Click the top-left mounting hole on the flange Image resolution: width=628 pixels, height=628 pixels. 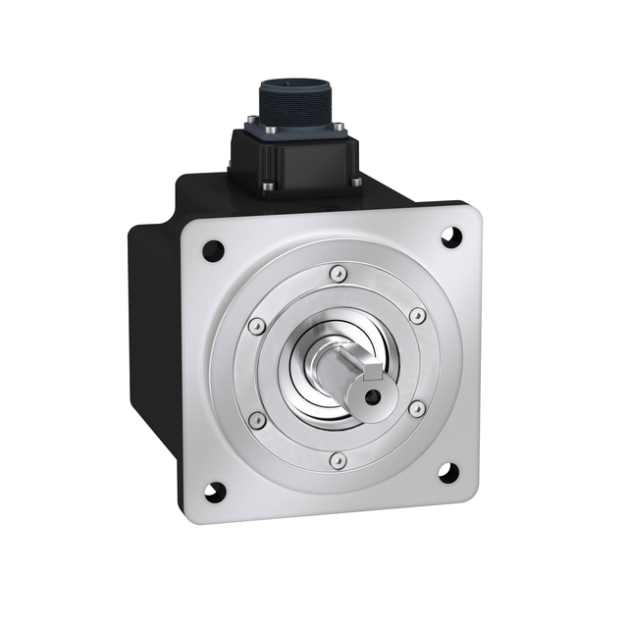[213, 250]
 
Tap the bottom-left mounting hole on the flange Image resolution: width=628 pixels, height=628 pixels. [214, 491]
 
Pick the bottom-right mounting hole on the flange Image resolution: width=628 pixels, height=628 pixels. [447, 473]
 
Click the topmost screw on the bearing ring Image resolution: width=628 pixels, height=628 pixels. [339, 275]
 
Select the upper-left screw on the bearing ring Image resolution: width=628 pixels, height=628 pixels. [257, 327]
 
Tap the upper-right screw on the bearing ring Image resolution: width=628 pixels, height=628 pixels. [417, 315]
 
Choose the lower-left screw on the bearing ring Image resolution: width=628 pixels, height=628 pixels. [258, 420]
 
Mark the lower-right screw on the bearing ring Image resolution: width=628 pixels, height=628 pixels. [417, 407]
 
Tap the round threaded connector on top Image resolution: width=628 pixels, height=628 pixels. [294, 98]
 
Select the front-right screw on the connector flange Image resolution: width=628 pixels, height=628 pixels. [340, 128]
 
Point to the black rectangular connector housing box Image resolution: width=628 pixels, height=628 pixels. [294, 162]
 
